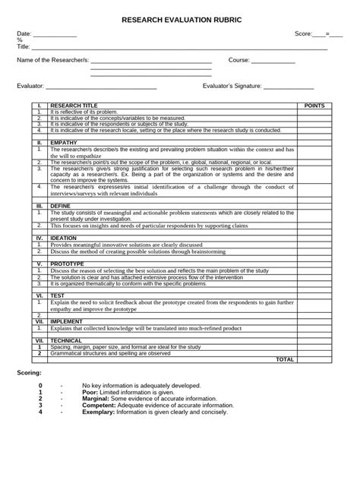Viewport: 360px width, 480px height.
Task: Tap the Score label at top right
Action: click(x=303, y=34)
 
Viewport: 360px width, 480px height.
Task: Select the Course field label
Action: click(x=239, y=59)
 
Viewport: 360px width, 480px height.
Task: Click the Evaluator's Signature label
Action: click(x=232, y=87)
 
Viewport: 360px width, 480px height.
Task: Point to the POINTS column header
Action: click(x=314, y=106)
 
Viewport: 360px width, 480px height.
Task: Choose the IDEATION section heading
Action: click(x=63, y=238)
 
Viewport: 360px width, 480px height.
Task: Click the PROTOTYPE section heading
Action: click(x=68, y=263)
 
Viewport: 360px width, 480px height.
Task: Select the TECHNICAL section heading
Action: click(x=66, y=341)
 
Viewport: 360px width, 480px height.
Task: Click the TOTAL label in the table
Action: click(x=285, y=359)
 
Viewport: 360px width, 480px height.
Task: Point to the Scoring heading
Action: click(x=30, y=374)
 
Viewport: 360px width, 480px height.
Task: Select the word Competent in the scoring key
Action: click(x=99, y=406)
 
